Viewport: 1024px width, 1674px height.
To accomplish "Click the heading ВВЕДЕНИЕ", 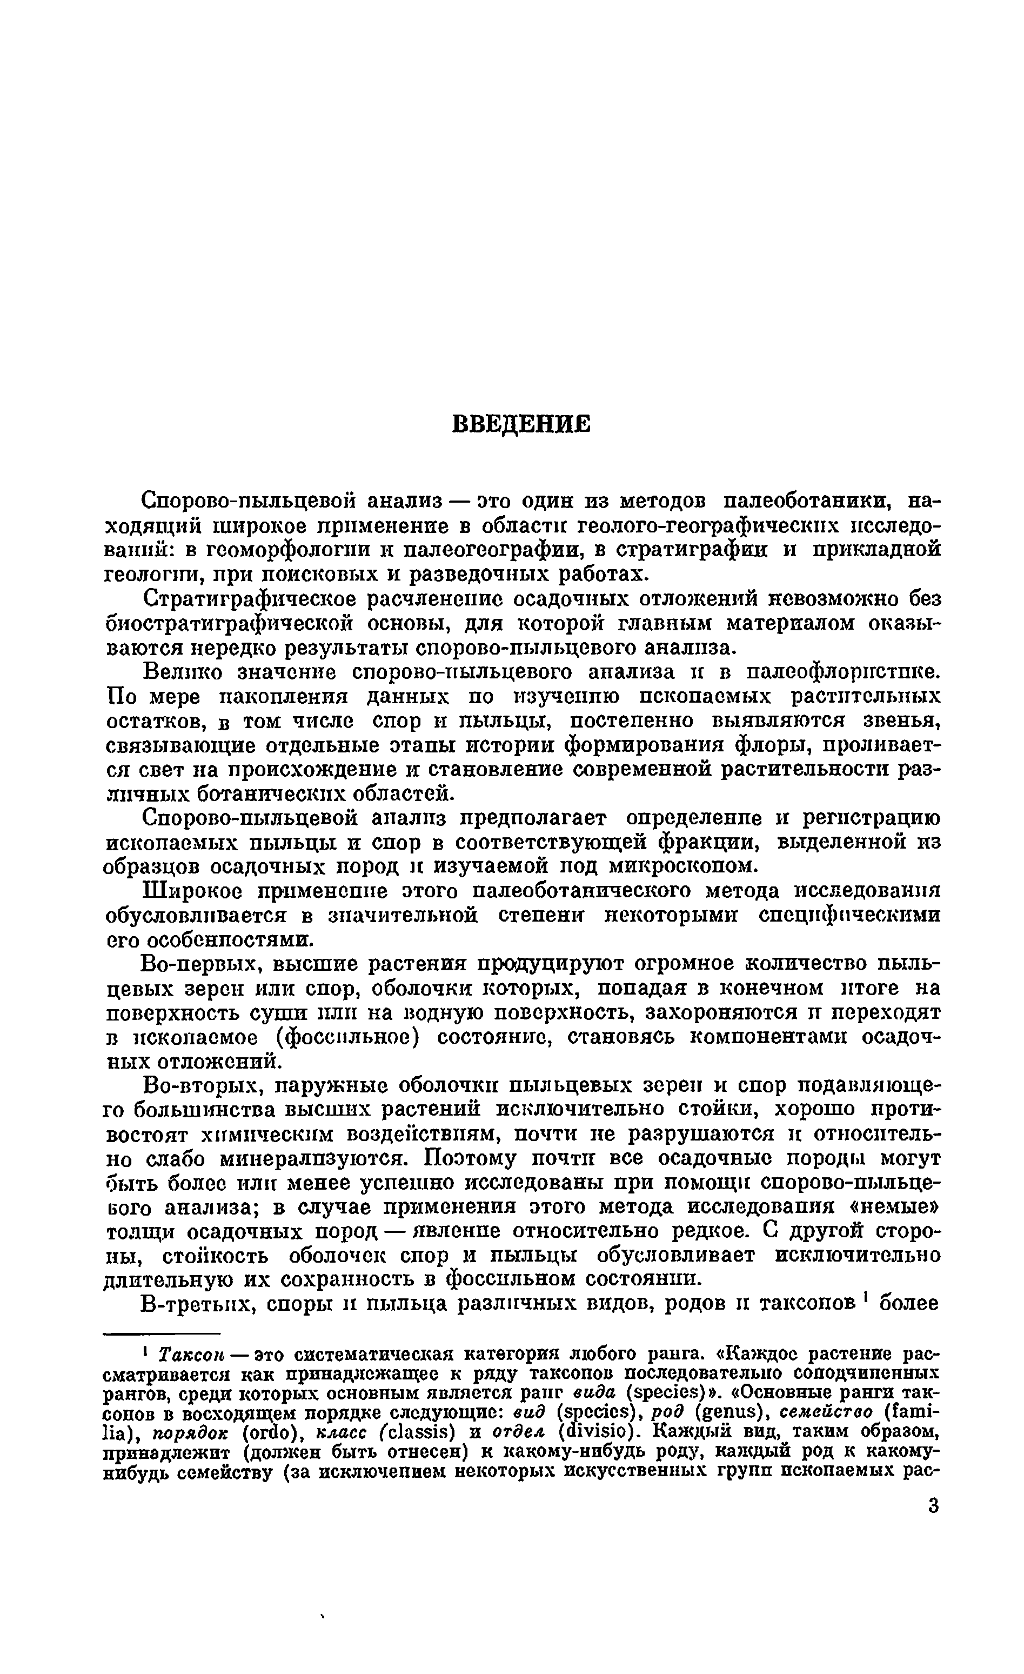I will (521, 425).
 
